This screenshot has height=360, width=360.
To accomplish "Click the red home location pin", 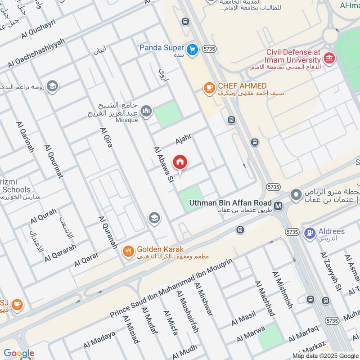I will pos(180,162).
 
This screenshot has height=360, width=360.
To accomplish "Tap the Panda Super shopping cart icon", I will pos(193,49).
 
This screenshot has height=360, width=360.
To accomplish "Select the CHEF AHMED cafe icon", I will pos(208,88).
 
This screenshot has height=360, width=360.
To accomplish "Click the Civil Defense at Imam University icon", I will pos(329,58).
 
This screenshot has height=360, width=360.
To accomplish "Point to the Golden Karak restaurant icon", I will pos(129,252).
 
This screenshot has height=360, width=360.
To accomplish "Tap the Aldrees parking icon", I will pos(310,233).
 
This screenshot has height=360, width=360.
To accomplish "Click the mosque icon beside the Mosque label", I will pos(146,111).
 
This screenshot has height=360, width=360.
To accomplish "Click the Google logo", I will pos(18,354).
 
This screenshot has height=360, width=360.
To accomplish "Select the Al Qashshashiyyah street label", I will pos(36,53).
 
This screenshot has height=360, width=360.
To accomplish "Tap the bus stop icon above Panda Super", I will pos(185,21).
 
